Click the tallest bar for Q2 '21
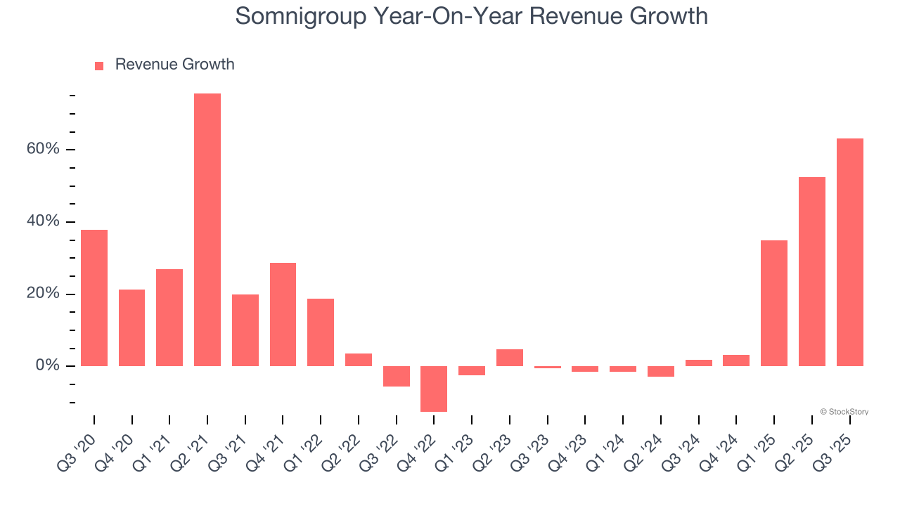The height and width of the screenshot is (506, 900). (x=207, y=230)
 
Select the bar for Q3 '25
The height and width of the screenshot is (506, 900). (x=849, y=252)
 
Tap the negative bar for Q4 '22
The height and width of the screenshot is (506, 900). (x=434, y=389)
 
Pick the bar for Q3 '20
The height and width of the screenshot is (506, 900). (x=94, y=298)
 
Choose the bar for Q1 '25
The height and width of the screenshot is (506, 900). (x=774, y=303)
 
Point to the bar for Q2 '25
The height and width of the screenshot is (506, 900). (x=812, y=271)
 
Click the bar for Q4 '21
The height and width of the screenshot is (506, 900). (x=283, y=314)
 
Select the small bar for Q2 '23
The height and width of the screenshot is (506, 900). (x=510, y=358)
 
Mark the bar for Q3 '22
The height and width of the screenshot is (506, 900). (x=397, y=376)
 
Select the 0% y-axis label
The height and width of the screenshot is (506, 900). (x=50, y=366)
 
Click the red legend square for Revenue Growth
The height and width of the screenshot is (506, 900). (x=99, y=65)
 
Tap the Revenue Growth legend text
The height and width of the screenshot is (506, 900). (x=174, y=65)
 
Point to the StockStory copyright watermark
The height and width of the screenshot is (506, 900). (x=844, y=412)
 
